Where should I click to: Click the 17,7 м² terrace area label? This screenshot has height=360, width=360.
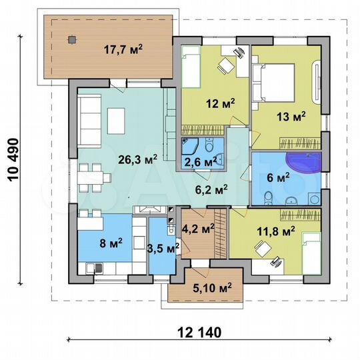[x=123, y=49]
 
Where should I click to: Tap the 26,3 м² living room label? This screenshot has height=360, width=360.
[x=138, y=159]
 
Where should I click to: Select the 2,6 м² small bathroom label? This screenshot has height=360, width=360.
[x=199, y=161]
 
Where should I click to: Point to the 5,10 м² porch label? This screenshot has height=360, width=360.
[x=212, y=288]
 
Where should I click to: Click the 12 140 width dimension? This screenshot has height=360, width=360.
[x=199, y=333]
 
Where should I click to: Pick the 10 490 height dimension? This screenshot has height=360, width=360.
[x=13, y=160]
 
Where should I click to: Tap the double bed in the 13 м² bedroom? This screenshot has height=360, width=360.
[x=274, y=83]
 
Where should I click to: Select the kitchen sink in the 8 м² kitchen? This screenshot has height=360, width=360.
[x=94, y=268]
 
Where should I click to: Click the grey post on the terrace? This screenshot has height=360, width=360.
[x=72, y=40]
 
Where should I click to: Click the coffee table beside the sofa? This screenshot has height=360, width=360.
[x=116, y=121]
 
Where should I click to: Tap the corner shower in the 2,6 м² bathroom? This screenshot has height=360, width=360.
[x=189, y=146]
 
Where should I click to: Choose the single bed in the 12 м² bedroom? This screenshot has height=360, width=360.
[x=191, y=67]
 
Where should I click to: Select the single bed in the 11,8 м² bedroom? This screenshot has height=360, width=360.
[x=311, y=254]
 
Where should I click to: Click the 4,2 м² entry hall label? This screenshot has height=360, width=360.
[x=198, y=229]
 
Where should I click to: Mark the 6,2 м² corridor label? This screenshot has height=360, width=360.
[x=211, y=189]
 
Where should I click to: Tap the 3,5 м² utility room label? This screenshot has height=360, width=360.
[x=163, y=248]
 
